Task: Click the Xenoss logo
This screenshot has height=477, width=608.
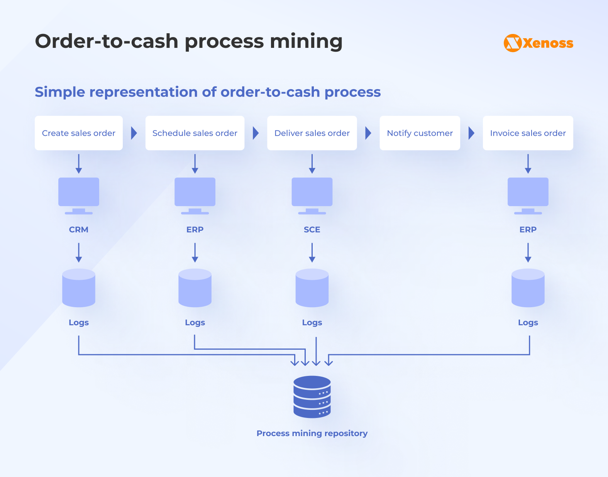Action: tap(538, 43)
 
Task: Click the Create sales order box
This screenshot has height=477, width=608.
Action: tap(79, 133)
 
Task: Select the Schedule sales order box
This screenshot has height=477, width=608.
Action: tap(195, 133)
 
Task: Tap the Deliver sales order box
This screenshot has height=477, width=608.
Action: tap(312, 133)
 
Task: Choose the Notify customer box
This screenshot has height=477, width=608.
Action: tap(420, 133)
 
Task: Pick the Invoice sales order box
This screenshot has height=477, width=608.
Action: tap(528, 133)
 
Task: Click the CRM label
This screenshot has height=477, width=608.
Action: tap(79, 230)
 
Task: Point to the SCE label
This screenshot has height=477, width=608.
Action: tap(312, 230)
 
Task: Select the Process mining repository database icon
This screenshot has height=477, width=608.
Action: tap(312, 397)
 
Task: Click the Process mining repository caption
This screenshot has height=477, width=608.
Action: tap(312, 433)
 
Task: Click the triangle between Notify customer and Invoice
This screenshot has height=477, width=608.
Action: tap(471, 133)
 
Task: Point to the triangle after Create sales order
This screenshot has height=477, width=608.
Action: tap(134, 133)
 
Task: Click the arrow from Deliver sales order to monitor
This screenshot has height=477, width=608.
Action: tap(312, 164)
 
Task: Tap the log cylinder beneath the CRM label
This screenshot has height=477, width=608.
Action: tap(79, 288)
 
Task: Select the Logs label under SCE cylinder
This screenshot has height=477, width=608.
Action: tap(312, 323)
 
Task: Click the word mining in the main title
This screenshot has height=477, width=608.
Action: tap(306, 42)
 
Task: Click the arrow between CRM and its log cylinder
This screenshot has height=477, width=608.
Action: tap(79, 252)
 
